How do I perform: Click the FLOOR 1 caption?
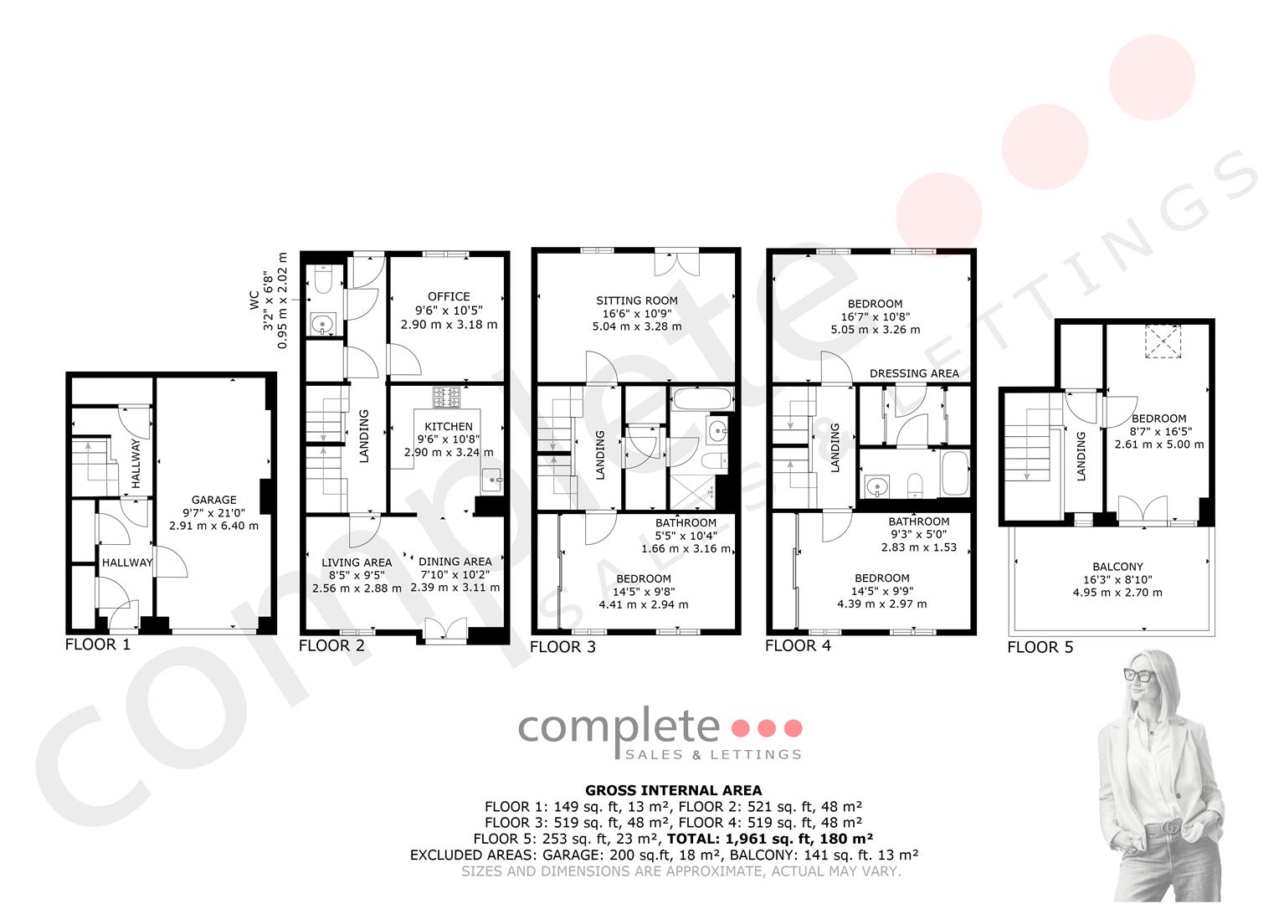pos(98,645)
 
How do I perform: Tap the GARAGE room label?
pos(213,500)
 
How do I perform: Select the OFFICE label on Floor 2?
pos(449,296)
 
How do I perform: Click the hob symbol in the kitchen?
pos(446,397)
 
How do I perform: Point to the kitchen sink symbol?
pos(492,480)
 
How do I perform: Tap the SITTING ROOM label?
pos(637,300)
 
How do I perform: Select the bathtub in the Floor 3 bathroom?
pos(702,398)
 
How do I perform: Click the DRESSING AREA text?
pos(914,373)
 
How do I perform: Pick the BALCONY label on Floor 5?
pos(1117,567)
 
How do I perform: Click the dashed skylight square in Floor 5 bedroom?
pos(1163,342)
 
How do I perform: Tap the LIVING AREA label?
pos(357,562)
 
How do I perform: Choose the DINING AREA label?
pos(455,562)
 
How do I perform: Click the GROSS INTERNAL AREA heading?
pos(673,790)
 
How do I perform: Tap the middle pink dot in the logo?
pos(766,728)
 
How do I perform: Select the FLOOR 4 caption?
pos(798,646)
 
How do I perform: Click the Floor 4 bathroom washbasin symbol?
pos(875,486)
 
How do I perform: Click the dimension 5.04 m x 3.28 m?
pos(637,326)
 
